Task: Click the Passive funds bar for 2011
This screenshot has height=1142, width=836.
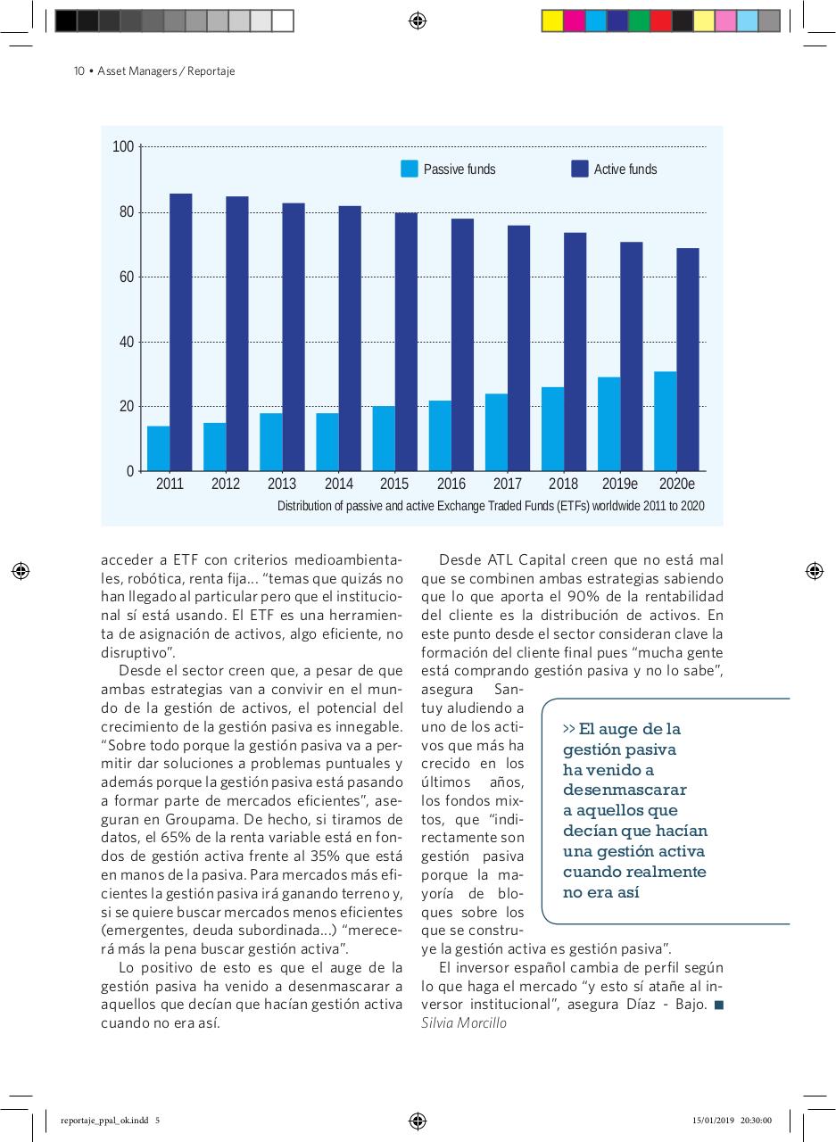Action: pos(158,449)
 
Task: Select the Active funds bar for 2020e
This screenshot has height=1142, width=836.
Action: pos(688,360)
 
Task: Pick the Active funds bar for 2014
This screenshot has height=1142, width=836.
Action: pos(350,339)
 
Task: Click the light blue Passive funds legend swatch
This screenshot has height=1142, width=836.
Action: pos(410,170)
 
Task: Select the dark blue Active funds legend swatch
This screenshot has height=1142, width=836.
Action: pos(580,170)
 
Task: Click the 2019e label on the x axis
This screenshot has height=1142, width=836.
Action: pos(620,484)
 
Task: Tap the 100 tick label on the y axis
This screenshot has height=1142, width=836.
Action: pos(123,147)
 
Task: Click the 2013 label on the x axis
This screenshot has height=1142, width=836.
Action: pos(282,484)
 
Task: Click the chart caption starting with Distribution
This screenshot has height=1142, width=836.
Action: pos(491,507)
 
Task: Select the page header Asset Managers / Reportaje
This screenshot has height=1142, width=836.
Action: pos(166,71)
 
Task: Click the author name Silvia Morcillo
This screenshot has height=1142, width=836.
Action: pos(463,1023)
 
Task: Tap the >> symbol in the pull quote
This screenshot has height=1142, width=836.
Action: pos(569,728)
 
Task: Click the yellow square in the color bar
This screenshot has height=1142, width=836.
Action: pos(552,21)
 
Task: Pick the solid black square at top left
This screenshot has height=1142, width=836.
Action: pos(66,21)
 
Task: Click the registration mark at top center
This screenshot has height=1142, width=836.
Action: pos(418,21)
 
